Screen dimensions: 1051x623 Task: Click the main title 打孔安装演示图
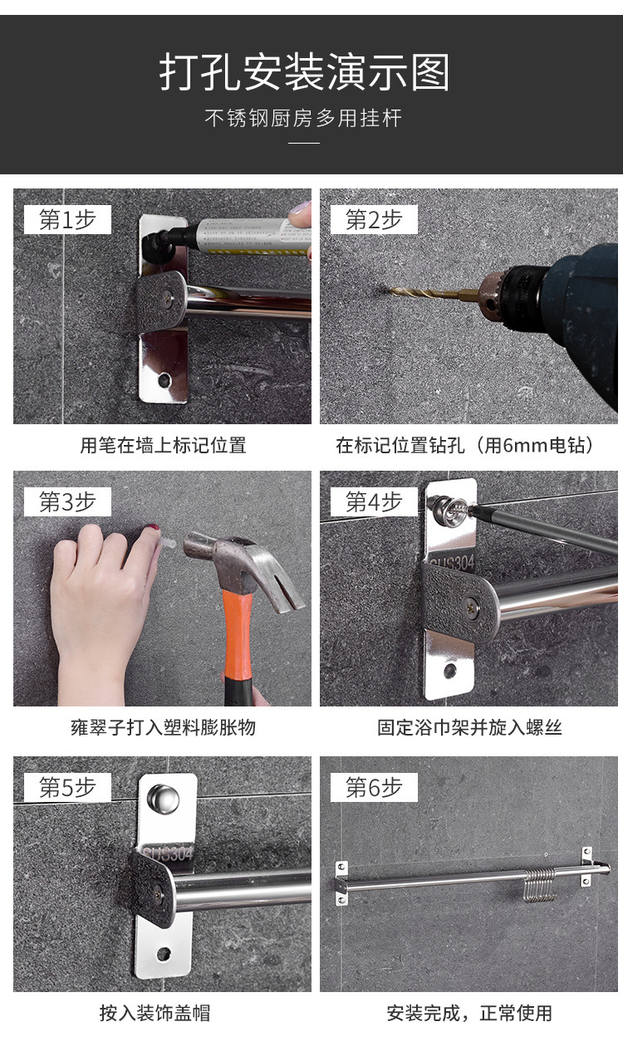304,73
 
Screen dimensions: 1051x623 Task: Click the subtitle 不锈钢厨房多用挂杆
303,118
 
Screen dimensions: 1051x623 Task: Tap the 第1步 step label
67,220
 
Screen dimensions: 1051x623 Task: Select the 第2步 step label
374,220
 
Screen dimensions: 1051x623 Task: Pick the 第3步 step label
67,502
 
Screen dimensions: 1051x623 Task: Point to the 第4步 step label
374,502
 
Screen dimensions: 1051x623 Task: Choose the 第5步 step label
67,788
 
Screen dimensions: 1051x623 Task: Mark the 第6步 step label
374,788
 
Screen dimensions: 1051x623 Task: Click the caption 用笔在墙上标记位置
163,445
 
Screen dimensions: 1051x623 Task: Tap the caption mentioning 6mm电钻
466,445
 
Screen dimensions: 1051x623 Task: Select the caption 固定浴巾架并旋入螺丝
469,728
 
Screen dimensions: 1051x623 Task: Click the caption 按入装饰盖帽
155,1013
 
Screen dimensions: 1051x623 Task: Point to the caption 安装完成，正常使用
469,1013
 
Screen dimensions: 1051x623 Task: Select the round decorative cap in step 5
163,798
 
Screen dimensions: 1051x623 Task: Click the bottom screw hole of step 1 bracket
164,381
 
